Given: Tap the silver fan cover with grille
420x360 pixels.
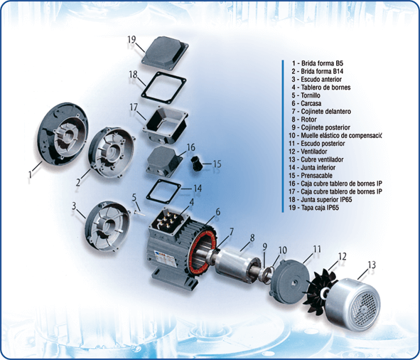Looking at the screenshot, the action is (x=354, y=305).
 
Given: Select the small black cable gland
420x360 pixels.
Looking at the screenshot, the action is (x=196, y=164).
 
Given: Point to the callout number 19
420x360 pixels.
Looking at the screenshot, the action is (x=131, y=40).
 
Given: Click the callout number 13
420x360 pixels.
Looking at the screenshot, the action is (x=372, y=265).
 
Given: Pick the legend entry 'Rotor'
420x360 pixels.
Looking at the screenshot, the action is (x=304, y=120).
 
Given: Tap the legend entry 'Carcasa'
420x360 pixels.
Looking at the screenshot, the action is (x=306, y=103).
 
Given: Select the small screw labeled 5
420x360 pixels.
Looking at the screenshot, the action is (x=139, y=213).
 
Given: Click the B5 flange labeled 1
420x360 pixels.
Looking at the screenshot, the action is (x=63, y=134).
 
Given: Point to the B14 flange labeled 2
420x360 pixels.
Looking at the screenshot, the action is (x=112, y=153).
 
